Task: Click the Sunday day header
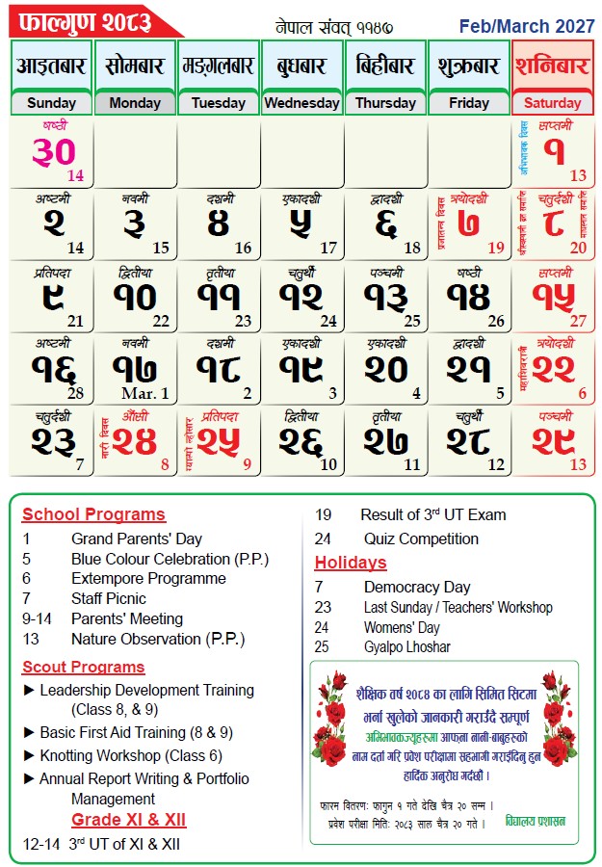coord(52,103)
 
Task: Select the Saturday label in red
coord(553,103)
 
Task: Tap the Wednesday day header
coord(301,103)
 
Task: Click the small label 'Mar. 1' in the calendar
coord(145,393)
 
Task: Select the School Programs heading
coord(93,514)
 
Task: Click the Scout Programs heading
coord(84,667)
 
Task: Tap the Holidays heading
coord(351,563)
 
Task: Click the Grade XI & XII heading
coord(129,820)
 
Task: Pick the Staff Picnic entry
coord(108,599)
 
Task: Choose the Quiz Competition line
coord(421,539)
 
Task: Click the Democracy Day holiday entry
coord(416,587)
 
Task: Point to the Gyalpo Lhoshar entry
coord(406,647)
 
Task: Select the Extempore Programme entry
coord(148,579)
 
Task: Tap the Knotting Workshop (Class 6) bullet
coord(131,755)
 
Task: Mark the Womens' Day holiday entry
coord(402,627)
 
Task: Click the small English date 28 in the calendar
coord(75,393)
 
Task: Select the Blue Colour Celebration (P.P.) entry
coord(170,559)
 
